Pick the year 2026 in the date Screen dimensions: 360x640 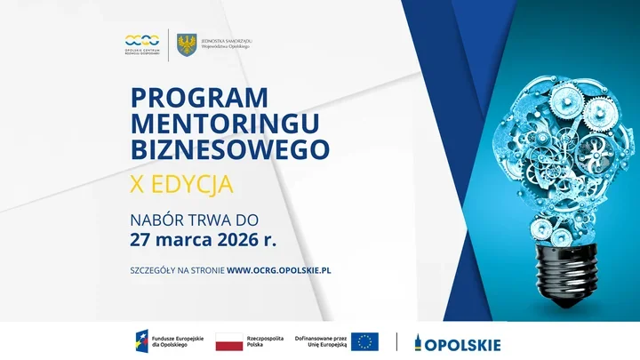click(237, 239)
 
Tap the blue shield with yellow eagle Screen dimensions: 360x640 click(187, 44)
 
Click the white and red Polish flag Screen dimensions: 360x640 click(228, 342)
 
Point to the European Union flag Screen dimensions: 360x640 click(364, 342)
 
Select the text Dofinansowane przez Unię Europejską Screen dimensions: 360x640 click(319, 342)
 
